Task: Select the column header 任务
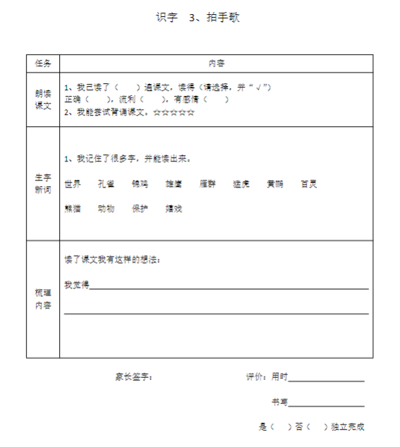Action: pyautogui.click(x=43, y=63)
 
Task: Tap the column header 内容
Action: pyautogui.click(x=216, y=63)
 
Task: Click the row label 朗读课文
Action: pyautogui.click(x=43, y=99)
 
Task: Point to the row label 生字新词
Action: pyautogui.click(x=43, y=183)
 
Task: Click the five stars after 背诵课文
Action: pyautogui.click(x=173, y=112)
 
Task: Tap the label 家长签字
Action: pyautogui.click(x=134, y=377)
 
